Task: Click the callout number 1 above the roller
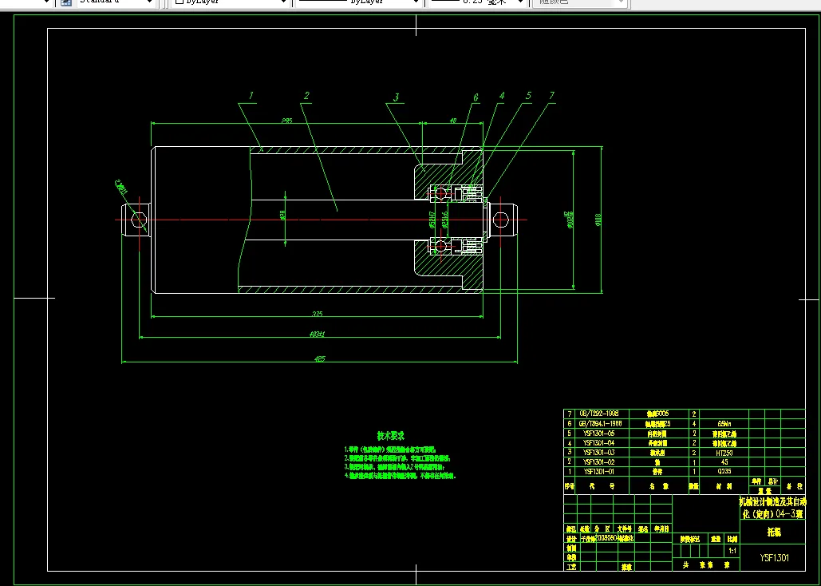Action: (251, 96)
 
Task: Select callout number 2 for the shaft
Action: (306, 96)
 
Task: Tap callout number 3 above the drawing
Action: (396, 98)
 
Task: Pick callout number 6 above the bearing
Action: (476, 97)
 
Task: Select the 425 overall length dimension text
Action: (320, 359)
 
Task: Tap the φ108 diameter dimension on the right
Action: (598, 221)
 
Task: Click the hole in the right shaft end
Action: (501, 218)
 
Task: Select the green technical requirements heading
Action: (391, 436)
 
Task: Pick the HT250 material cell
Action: (724, 453)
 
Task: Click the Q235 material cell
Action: (724, 472)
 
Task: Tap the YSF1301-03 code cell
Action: (598, 453)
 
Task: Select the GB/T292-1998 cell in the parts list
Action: (598, 414)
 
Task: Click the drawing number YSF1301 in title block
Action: (774, 558)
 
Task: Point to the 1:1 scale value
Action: (732, 551)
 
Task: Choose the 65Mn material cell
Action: (724, 424)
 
